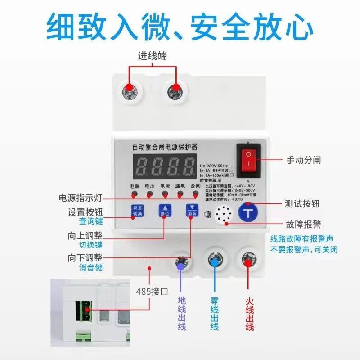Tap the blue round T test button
(247, 212)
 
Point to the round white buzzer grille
(222, 213)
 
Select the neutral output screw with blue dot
(215, 260)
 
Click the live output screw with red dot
(248, 260)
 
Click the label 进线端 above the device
(152, 56)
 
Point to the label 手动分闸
(304, 160)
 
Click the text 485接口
(152, 291)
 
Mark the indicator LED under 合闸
(196, 194)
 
